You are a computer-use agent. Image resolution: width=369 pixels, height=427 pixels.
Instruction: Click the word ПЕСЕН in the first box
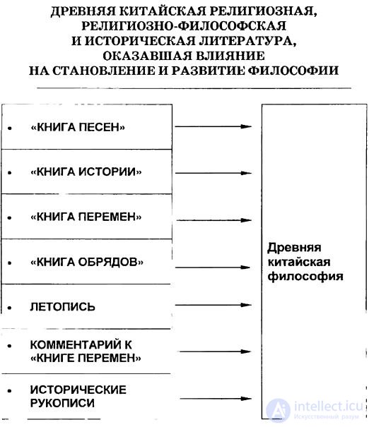[x=101, y=127]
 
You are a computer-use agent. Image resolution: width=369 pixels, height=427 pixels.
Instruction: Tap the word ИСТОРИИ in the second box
[x=110, y=172]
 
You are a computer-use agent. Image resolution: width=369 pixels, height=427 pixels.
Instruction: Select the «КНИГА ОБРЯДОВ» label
[x=87, y=262]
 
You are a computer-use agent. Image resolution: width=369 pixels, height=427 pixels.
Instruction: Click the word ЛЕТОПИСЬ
[x=62, y=307]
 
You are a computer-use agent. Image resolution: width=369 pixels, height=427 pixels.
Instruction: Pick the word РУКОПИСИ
[x=62, y=403]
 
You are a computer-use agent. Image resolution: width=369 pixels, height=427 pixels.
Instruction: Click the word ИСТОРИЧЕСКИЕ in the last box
[x=78, y=390]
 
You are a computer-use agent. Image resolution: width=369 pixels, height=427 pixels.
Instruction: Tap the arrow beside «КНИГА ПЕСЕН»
[x=213, y=126]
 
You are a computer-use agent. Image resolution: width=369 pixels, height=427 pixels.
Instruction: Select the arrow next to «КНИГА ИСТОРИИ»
[x=213, y=173]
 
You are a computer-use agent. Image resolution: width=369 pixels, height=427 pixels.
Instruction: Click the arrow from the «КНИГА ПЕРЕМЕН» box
[x=214, y=220]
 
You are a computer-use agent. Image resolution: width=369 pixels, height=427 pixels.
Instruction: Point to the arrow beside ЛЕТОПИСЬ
[x=213, y=305]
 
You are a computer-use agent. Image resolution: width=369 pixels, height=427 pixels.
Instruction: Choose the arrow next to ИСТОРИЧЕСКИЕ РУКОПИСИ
[x=216, y=399]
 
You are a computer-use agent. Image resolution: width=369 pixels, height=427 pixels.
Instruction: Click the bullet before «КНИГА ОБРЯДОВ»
[x=10, y=263]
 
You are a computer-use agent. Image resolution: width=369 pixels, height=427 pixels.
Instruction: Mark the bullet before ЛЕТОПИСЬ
[x=10, y=308]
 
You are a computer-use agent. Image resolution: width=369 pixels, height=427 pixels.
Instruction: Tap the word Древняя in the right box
[x=294, y=248]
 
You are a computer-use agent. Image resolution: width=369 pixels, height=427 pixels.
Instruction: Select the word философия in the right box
[x=305, y=277]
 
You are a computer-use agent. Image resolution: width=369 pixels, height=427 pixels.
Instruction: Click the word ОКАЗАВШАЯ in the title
[x=147, y=56]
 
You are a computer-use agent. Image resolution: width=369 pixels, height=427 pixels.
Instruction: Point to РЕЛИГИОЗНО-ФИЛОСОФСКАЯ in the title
[x=184, y=26]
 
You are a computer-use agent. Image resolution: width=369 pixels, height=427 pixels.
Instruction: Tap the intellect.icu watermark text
[x=329, y=407]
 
